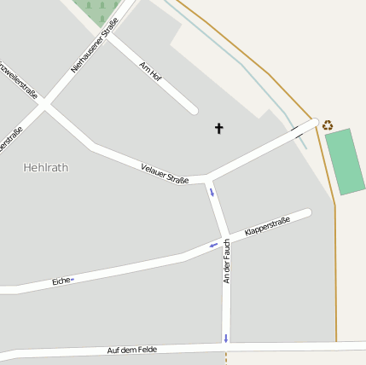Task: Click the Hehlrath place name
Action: (45, 167)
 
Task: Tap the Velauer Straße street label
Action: (165, 173)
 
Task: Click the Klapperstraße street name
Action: (267, 226)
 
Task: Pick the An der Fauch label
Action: (227, 261)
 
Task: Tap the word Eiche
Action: (61, 281)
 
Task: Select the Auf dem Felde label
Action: (132, 350)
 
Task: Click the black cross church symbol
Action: (218, 129)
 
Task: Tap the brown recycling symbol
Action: (328, 125)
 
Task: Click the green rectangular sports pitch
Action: (345, 161)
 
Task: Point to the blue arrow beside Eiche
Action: (73, 279)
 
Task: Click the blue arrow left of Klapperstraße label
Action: (213, 246)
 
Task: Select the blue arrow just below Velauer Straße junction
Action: (212, 192)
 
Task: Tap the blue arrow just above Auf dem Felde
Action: (225, 338)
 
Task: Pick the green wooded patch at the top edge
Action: (96, 9)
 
